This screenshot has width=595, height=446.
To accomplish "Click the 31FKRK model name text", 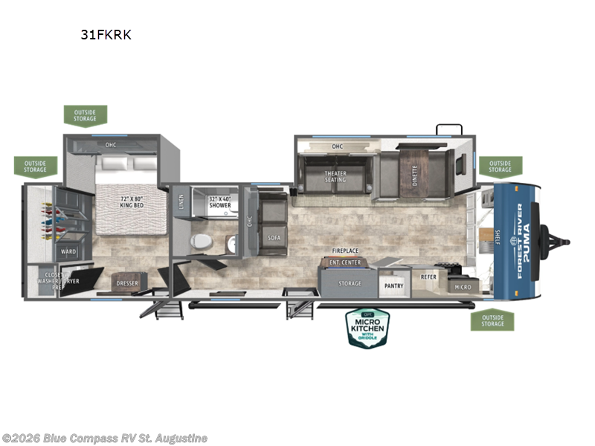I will pos(106,34).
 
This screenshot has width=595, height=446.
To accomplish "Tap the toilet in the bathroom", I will pos(200,242).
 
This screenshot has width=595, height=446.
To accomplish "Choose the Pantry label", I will pos(393,285).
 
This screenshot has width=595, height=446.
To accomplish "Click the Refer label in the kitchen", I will pos(429,277).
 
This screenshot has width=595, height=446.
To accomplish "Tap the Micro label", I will pos(463,286).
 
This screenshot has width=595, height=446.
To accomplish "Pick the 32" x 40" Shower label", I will pos(219,202).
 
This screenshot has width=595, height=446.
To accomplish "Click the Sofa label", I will pos(273,238).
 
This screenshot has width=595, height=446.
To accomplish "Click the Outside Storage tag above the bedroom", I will pos(85,115).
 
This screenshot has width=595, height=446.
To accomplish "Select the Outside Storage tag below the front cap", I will pos(492,320).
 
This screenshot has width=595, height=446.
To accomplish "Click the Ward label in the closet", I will pos(69,252).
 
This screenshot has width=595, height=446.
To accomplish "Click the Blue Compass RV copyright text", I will pos(104,439).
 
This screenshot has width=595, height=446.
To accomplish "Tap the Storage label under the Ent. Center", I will pos(350,283).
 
